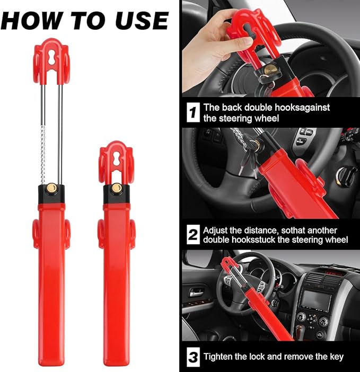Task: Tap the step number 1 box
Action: tap(194, 112)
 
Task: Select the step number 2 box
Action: tap(194, 234)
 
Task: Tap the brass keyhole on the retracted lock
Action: tap(116, 187)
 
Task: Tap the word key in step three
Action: tap(336, 356)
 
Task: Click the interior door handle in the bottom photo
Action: tap(195, 292)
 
